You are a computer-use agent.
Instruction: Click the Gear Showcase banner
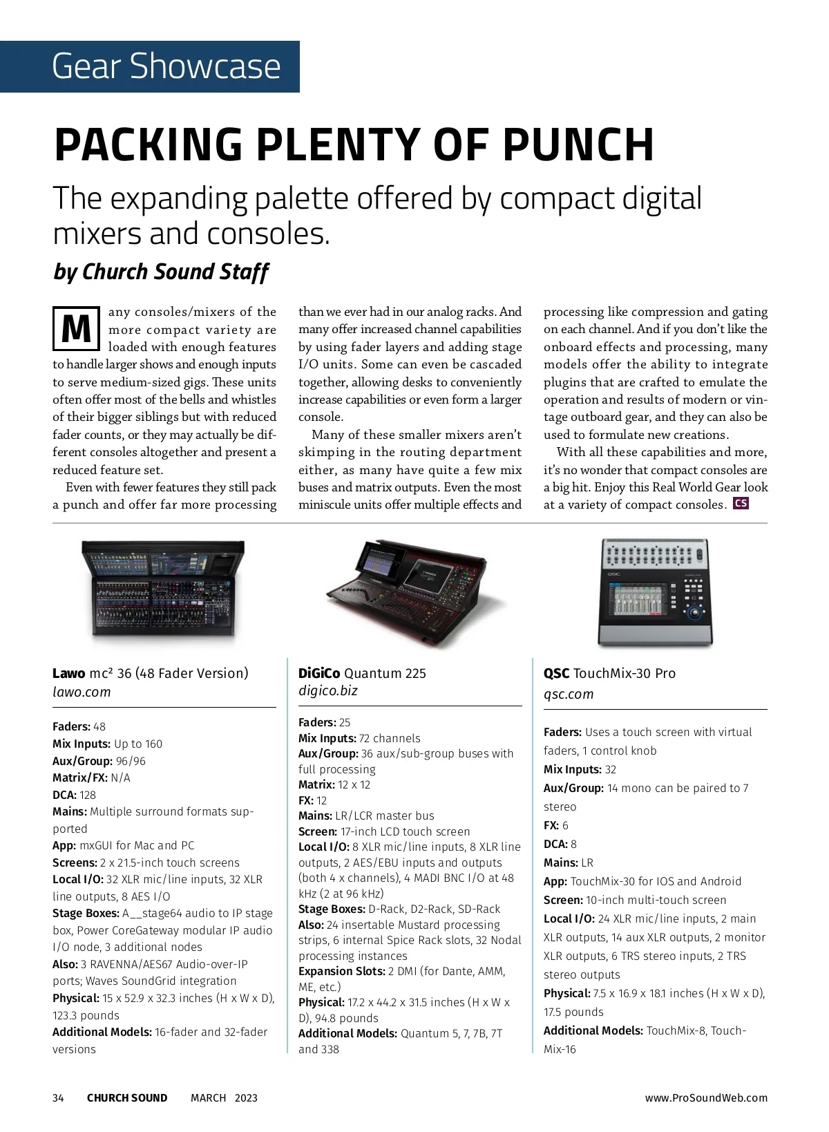(x=150, y=66)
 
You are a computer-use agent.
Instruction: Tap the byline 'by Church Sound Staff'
(x=160, y=272)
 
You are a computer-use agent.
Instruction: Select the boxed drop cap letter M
(x=76, y=328)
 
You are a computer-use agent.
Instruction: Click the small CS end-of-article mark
(x=741, y=503)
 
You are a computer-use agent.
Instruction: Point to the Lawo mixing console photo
(x=164, y=589)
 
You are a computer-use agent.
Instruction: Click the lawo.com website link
(x=82, y=692)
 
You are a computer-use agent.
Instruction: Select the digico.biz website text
(x=327, y=690)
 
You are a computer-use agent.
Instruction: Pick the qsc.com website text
(x=568, y=694)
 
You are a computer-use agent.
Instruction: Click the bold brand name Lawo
(x=69, y=673)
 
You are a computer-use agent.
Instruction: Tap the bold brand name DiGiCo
(x=318, y=673)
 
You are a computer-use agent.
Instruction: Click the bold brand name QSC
(x=556, y=673)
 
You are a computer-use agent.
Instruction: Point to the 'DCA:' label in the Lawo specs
(x=64, y=795)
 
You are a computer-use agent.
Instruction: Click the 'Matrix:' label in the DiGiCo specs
(x=316, y=784)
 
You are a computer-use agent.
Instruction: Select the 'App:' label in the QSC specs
(x=555, y=881)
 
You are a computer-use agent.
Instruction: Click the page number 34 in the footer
(x=58, y=1098)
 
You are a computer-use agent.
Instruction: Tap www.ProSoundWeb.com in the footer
(x=705, y=1098)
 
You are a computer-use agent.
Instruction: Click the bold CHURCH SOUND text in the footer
(x=127, y=1098)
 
